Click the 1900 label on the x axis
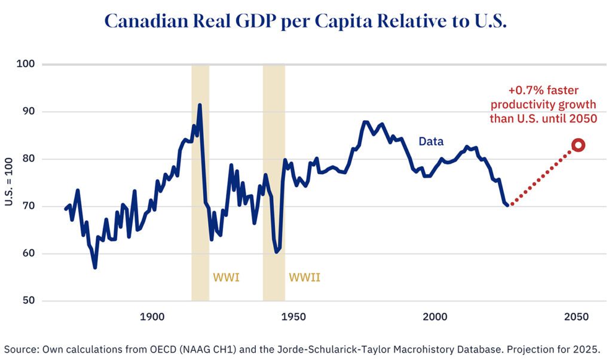[152, 316]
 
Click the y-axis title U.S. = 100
[8, 182]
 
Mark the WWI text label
[226, 277]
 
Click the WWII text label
[305, 277]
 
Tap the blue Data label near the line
[431, 142]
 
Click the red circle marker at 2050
[578, 145]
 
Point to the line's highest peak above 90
[200, 105]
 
